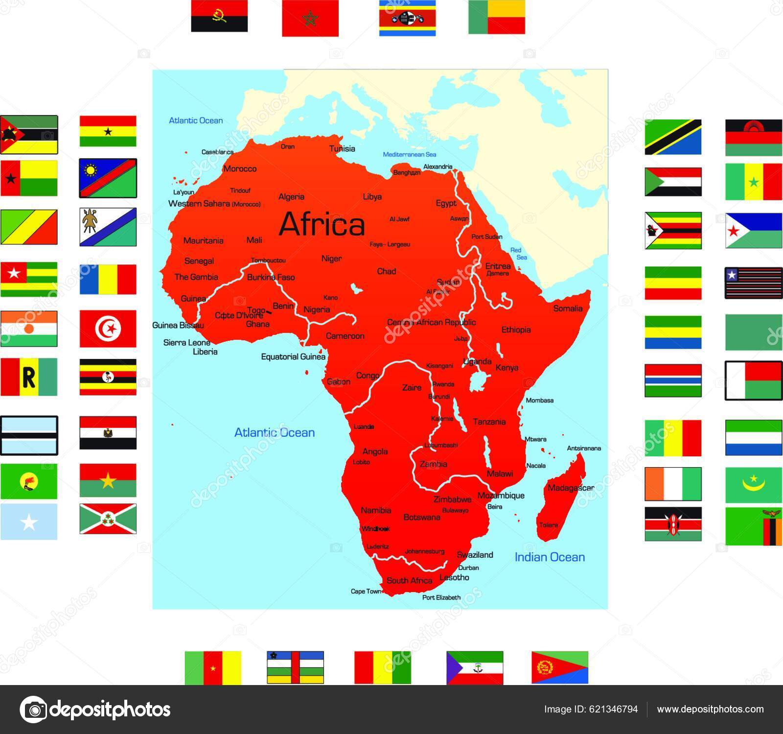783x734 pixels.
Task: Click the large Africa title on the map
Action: click(322, 224)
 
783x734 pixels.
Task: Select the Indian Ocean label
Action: click(550, 557)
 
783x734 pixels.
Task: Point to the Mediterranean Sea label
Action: click(409, 154)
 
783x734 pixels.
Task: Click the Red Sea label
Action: click(519, 254)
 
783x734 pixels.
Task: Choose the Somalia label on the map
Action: click(568, 308)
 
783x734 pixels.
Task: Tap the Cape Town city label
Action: click(366, 592)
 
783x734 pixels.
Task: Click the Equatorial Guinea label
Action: click(293, 356)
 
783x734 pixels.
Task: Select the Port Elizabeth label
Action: click(441, 597)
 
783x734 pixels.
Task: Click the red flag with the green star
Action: click(310, 19)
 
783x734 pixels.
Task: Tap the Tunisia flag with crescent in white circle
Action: click(108, 329)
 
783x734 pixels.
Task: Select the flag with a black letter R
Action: click(29, 377)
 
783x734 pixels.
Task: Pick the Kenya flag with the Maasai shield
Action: click(673, 524)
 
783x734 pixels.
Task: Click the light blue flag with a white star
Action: click(29, 522)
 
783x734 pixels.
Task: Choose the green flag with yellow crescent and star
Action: click(753, 485)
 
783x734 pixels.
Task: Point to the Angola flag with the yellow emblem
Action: click(219, 16)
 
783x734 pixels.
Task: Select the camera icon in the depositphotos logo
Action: click(33, 709)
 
